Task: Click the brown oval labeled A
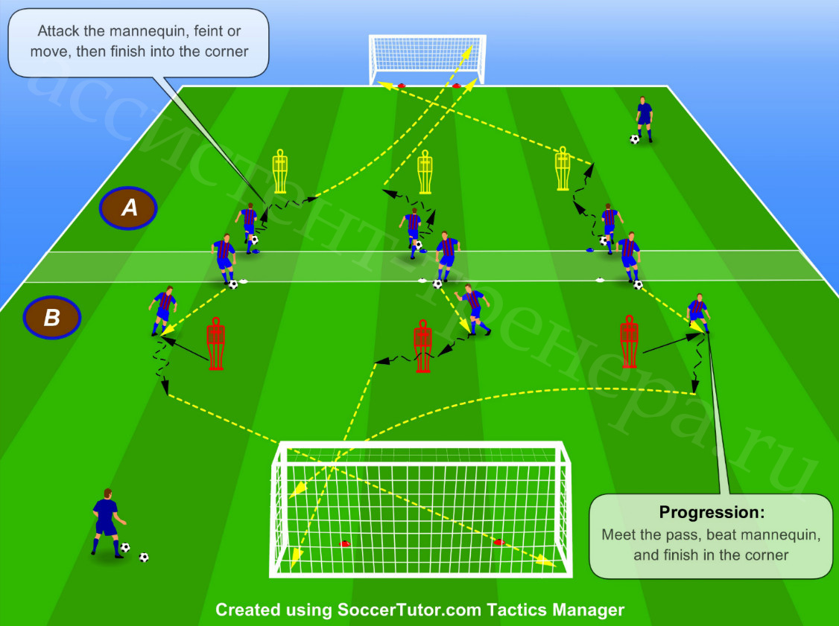[x=128, y=208]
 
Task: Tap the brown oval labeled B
[x=52, y=317]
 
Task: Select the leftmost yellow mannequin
[x=280, y=171]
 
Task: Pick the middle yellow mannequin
[x=425, y=172]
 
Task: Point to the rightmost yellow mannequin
[x=563, y=168]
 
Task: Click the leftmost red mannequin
[x=215, y=344]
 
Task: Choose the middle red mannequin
[x=422, y=346]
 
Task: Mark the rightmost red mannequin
[x=629, y=342]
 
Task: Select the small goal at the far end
[x=427, y=59]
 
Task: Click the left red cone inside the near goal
[x=344, y=543]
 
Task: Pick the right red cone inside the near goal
[x=499, y=542]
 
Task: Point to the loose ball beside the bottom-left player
[x=143, y=557]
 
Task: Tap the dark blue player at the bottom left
[x=107, y=523]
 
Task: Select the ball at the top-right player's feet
[x=634, y=139]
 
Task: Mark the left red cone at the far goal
[x=402, y=86]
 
